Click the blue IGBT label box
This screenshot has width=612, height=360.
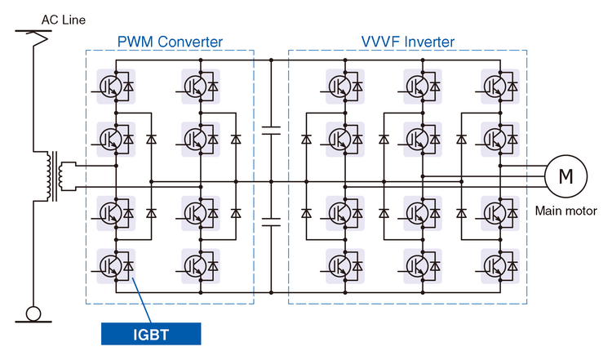[x=150, y=333]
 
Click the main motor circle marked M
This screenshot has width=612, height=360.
[x=565, y=174]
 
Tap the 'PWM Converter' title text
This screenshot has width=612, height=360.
[x=170, y=42]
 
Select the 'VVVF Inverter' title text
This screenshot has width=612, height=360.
[x=408, y=42]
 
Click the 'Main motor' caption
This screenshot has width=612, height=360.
[x=563, y=211]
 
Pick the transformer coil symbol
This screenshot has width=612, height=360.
[x=55, y=176]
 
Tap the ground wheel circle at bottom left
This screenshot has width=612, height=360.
[x=33, y=313]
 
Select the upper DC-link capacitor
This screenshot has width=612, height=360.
[x=270, y=129]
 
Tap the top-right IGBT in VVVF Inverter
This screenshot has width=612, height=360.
[x=499, y=84]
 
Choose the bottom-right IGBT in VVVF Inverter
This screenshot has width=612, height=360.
[x=499, y=264]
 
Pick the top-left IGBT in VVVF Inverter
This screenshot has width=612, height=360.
[x=345, y=84]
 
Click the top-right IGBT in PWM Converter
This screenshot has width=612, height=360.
[x=201, y=84]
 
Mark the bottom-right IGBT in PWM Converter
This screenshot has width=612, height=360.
[x=201, y=264]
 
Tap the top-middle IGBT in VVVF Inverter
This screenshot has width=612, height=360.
[x=423, y=84]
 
